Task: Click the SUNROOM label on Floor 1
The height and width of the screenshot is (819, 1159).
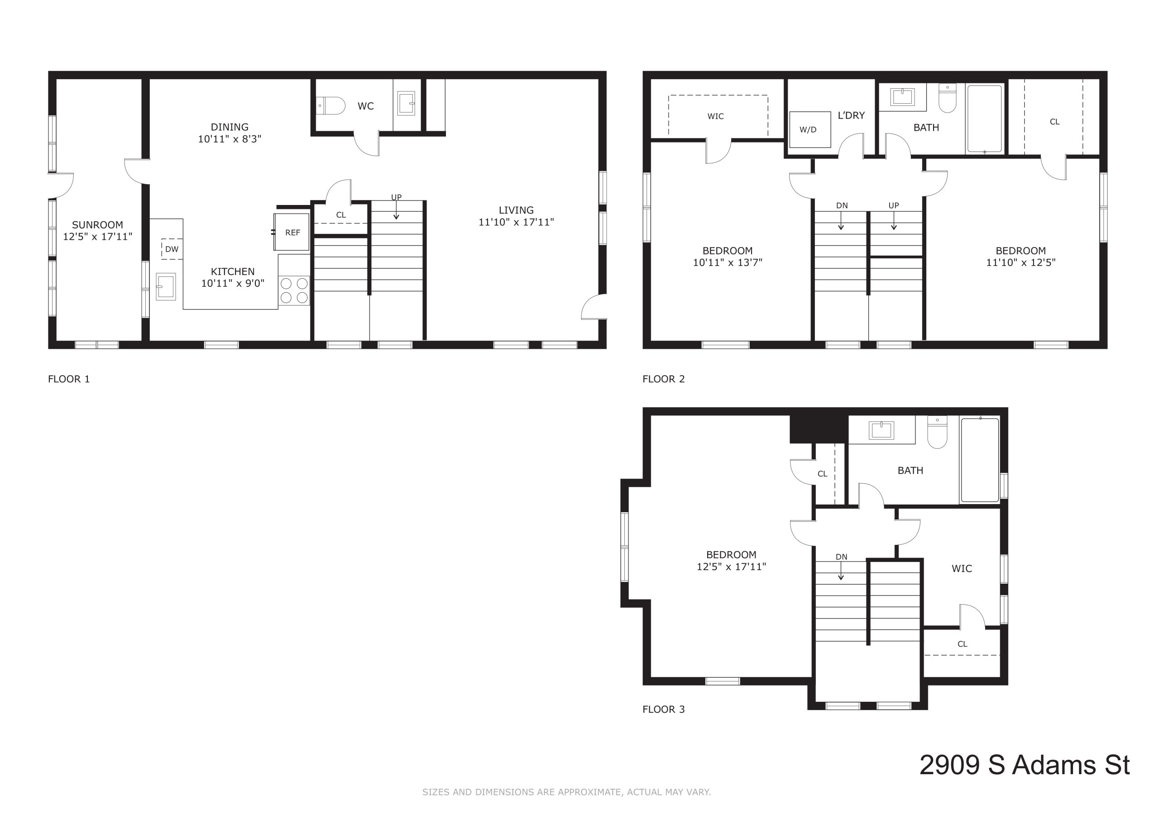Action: point(97,225)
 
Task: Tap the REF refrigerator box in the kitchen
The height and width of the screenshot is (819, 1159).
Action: point(292,232)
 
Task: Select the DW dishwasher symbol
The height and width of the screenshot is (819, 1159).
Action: point(172,249)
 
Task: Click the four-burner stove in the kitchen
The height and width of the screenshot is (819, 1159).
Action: point(294,290)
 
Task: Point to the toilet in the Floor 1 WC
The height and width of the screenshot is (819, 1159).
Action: point(330,106)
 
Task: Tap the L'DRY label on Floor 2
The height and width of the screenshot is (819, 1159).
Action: point(851,115)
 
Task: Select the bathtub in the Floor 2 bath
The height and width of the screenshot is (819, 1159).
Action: point(984,119)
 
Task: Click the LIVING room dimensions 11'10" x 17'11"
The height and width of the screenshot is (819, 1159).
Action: point(517,222)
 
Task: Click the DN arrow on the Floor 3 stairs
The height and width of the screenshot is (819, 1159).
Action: point(841,570)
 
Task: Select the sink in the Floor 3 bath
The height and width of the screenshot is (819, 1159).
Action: point(881,430)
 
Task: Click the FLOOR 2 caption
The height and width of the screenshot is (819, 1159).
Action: point(663,379)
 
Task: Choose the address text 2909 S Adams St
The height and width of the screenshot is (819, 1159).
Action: point(1025,765)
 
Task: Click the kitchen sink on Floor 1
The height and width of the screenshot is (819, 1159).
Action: point(166,286)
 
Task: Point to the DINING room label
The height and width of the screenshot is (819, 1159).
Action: point(230,127)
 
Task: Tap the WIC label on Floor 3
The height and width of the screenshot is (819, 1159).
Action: point(962,569)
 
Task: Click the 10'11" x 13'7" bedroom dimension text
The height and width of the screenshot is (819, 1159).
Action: point(728,262)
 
